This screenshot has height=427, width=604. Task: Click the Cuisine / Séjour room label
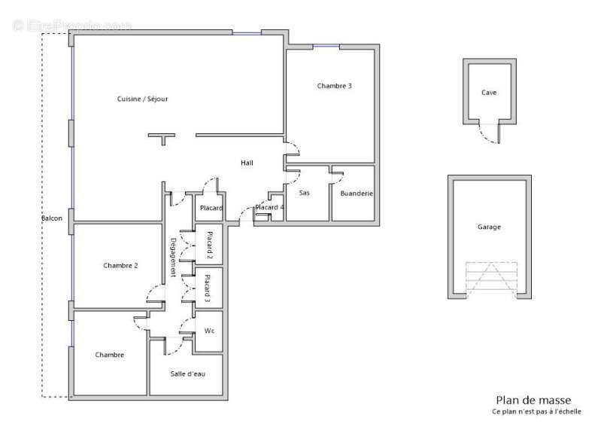(x=142, y=99)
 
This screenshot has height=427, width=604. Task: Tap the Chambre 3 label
(x=334, y=86)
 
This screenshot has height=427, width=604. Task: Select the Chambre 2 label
(x=120, y=265)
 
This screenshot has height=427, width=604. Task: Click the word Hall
(x=247, y=163)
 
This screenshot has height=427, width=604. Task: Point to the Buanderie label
(x=357, y=194)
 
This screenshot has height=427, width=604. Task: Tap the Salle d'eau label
(x=187, y=374)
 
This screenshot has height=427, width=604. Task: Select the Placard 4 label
(x=269, y=207)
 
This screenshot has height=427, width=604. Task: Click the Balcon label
(x=52, y=218)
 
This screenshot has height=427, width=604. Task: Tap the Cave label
(x=489, y=93)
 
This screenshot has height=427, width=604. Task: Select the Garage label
(x=489, y=227)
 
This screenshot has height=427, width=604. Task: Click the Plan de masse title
(x=533, y=400)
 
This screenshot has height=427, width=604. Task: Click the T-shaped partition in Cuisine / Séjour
(x=161, y=139)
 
